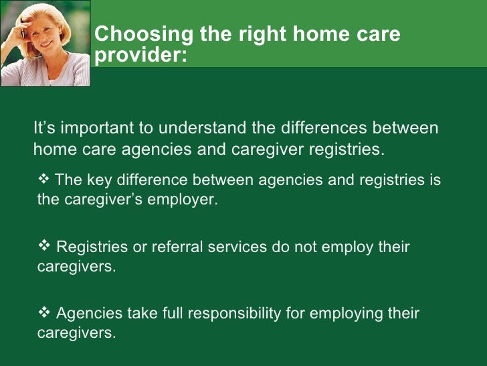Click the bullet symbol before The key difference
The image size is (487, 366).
point(45,179)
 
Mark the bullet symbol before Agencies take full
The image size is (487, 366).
point(45,313)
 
